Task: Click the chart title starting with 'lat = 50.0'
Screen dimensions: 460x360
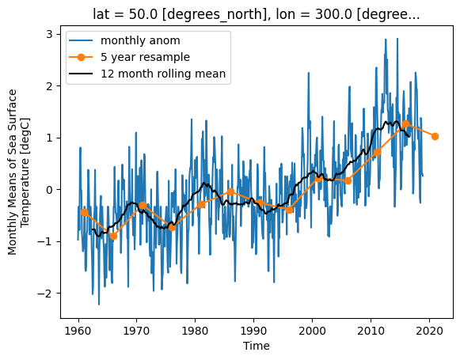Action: tap(256, 14)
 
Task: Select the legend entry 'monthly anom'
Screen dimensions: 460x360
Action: tap(140, 40)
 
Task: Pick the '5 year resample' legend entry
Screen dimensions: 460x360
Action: tap(145, 57)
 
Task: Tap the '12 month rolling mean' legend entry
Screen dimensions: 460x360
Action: tap(163, 74)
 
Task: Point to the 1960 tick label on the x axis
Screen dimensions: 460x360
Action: tap(78, 331)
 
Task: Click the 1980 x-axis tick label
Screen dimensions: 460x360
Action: tap(196, 331)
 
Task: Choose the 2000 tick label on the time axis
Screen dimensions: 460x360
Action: tap(312, 331)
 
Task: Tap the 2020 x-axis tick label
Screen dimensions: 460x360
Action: tap(429, 331)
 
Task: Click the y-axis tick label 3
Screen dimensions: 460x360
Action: tap(49, 34)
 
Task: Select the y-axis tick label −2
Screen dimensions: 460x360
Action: tap(45, 294)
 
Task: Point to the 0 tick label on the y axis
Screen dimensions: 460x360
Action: tap(49, 190)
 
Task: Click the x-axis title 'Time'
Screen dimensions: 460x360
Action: tap(256, 346)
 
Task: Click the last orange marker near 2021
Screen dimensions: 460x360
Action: tap(435, 136)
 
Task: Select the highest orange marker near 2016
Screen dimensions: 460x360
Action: tap(405, 124)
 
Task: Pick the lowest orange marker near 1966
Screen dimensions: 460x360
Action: tap(113, 236)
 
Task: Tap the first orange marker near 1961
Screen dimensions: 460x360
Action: tap(84, 212)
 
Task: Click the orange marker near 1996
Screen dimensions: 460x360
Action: tap(289, 210)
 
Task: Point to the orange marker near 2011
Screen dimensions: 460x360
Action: tap(377, 152)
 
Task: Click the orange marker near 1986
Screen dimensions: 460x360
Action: tap(230, 192)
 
